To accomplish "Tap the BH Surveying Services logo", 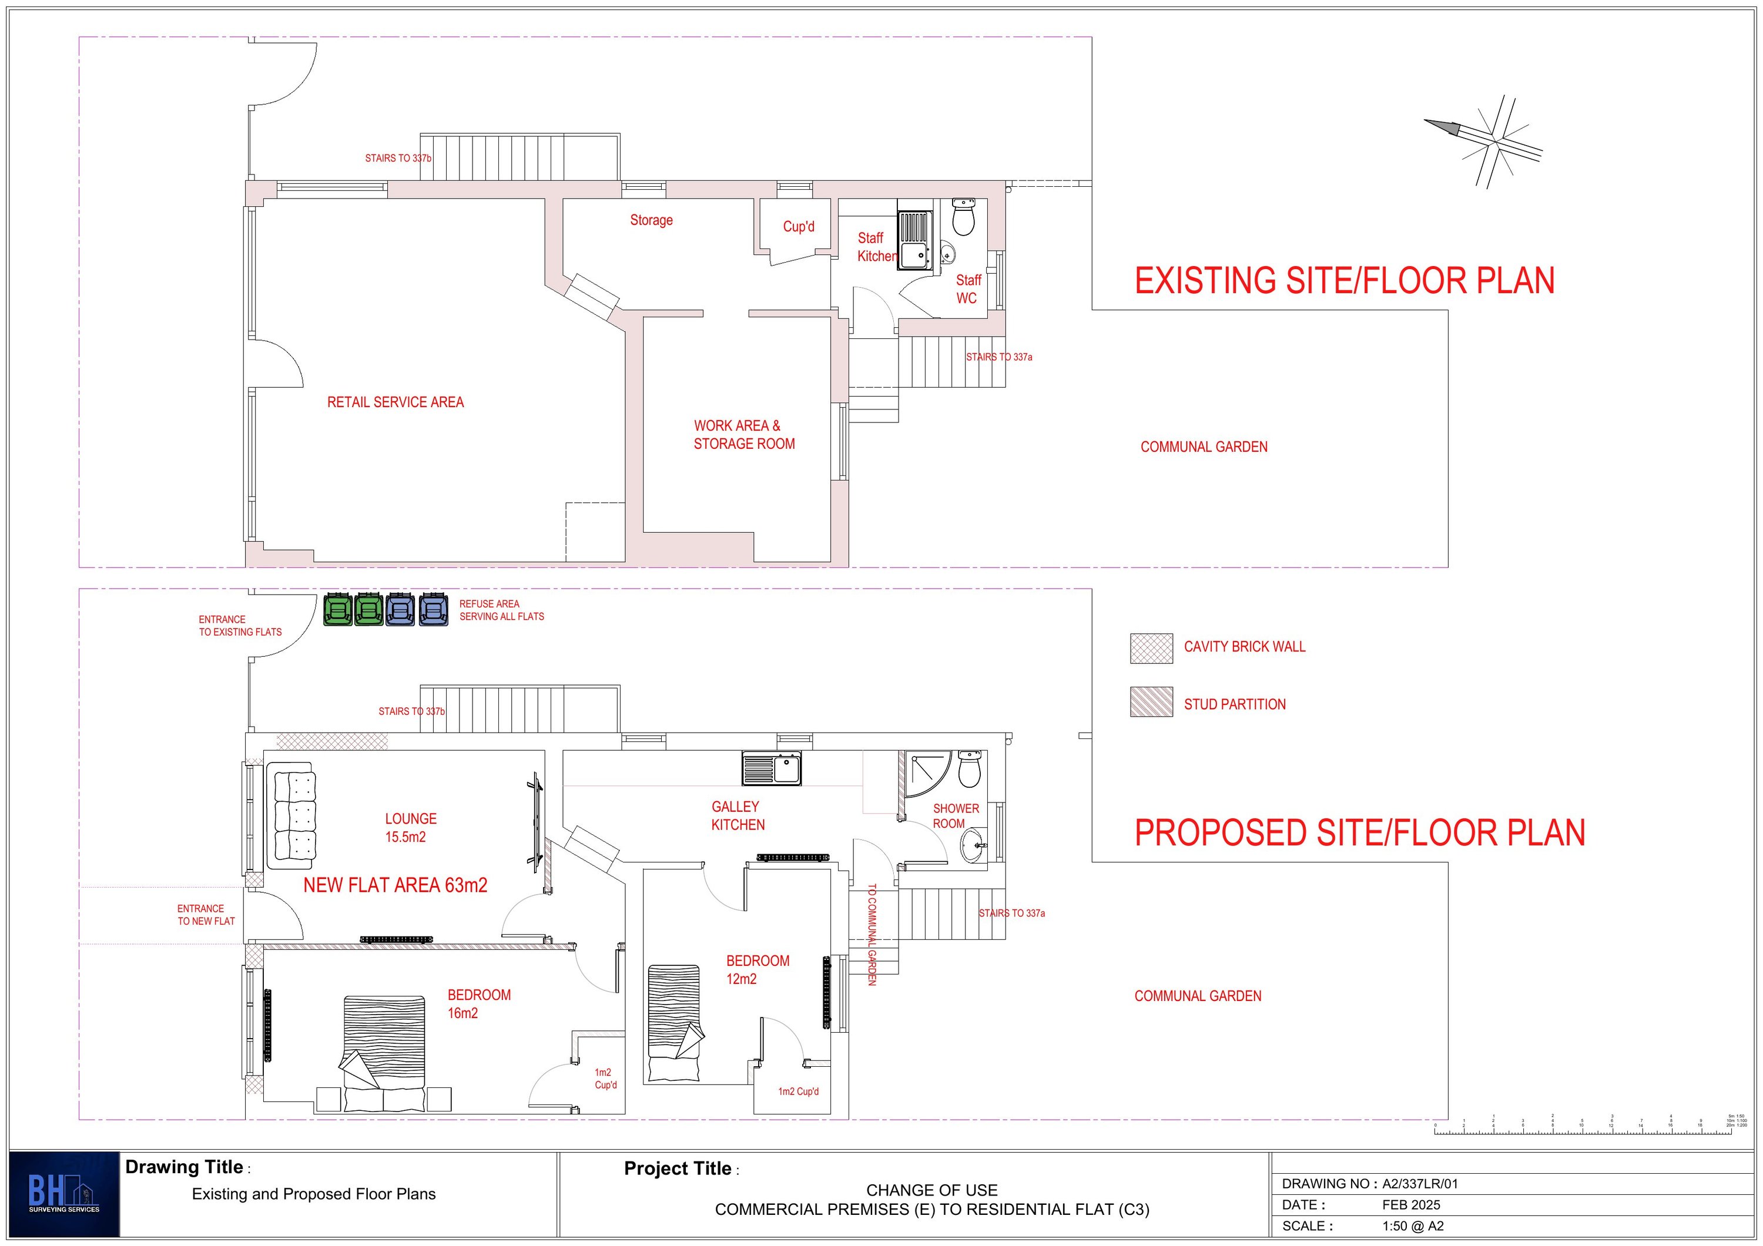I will pos(65,1194).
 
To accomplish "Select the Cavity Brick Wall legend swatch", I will pos(1151,648).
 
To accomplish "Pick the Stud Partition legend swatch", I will pos(1151,701).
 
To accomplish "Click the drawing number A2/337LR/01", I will pos(1420,1183).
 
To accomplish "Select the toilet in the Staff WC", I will pos(963,217).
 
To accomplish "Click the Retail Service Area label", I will pos(395,402).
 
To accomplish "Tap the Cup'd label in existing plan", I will pos(799,227).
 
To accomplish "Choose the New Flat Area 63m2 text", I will pos(395,885).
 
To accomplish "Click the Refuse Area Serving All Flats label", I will pos(501,610).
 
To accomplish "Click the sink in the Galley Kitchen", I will pos(772,768).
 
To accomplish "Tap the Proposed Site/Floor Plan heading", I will pos(1360,833).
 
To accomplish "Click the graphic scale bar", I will pos(1582,1131).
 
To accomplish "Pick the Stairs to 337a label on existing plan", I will pos(999,357).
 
